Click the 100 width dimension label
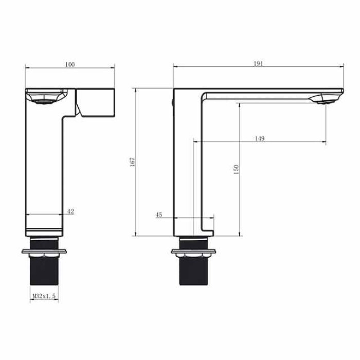pos(70,64)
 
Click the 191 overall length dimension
pos(258,64)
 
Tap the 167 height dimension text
pos(133,162)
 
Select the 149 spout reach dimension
pos(260,138)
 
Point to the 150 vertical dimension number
pos(236,169)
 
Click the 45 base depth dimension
pos(159,215)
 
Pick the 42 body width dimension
pos(71,211)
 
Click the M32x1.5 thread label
pos(44,296)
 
